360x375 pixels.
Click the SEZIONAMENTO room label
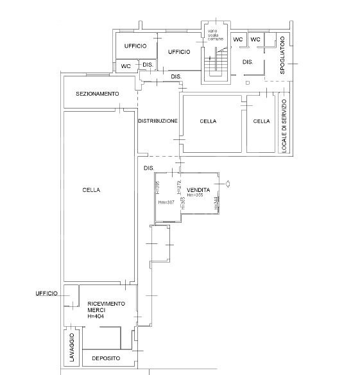tap(98, 94)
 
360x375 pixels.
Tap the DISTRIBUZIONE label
tap(157, 121)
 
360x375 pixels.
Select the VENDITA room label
tap(200, 191)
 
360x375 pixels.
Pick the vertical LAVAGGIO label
tap(72, 349)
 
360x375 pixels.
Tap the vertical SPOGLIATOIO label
tap(282, 55)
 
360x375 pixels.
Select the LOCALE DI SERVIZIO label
tap(284, 125)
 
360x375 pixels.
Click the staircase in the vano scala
tap(216, 62)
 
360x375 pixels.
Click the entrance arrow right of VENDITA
tap(228, 184)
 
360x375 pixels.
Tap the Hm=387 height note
tap(166, 202)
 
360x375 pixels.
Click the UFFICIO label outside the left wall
tap(47, 293)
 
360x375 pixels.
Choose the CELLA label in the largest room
tap(92, 190)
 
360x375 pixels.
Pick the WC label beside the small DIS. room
tap(126, 66)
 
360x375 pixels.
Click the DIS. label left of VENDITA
tap(149, 168)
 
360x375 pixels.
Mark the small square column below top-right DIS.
tap(247, 82)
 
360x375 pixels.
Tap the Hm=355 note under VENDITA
tap(196, 196)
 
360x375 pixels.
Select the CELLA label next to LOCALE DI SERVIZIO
tap(261, 121)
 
